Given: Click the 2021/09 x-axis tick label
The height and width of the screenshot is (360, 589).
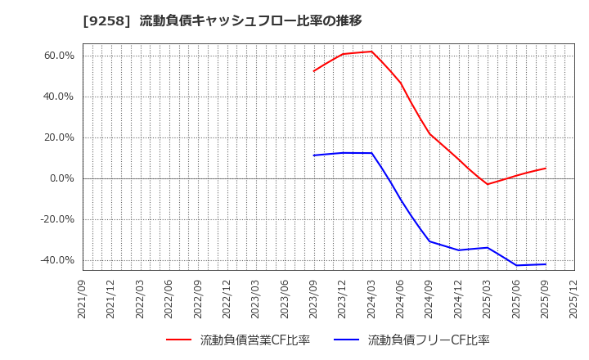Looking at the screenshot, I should tap(83, 299).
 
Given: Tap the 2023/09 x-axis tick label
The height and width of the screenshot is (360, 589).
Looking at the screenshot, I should tap(314, 299).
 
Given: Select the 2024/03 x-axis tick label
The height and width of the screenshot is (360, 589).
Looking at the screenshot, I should tap(371, 299).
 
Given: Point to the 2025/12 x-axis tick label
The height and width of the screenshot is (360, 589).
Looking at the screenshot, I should tap(574, 299).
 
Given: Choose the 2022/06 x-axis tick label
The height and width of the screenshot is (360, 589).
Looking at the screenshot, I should tap(169, 299).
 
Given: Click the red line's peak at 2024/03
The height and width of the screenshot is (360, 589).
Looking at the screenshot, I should tap(371, 52).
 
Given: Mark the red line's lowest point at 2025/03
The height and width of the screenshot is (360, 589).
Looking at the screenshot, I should tap(488, 184).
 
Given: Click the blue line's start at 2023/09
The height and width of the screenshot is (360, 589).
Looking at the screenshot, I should tap(314, 155).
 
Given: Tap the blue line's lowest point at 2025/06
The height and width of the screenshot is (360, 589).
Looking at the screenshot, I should tap(516, 265).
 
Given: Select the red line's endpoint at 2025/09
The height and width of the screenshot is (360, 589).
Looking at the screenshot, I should tap(546, 169).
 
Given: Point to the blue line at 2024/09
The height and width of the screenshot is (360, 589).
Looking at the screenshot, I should tap(429, 241).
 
